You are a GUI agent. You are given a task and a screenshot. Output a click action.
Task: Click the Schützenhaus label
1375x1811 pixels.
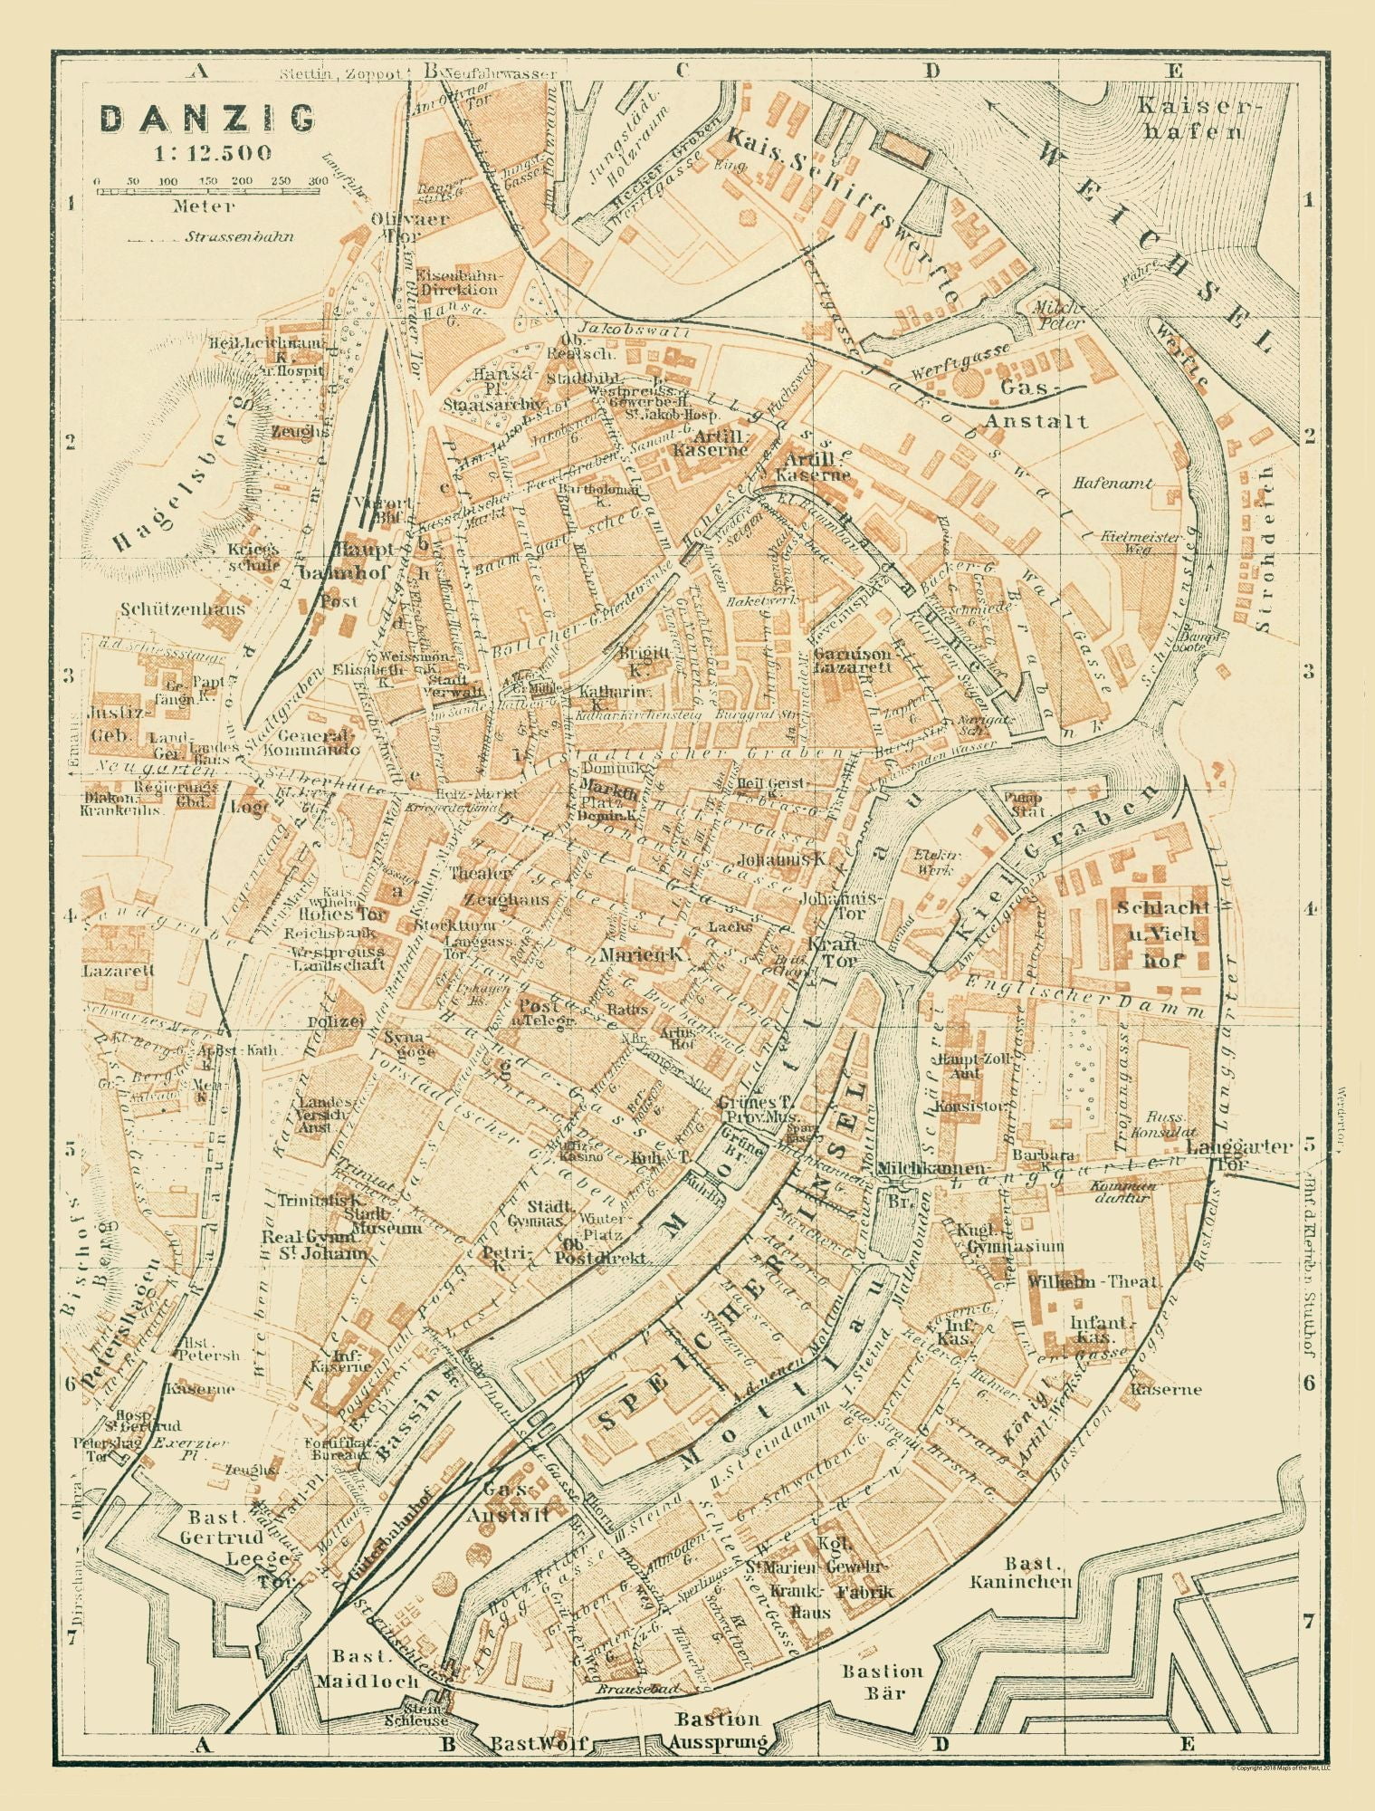coord(184,609)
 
